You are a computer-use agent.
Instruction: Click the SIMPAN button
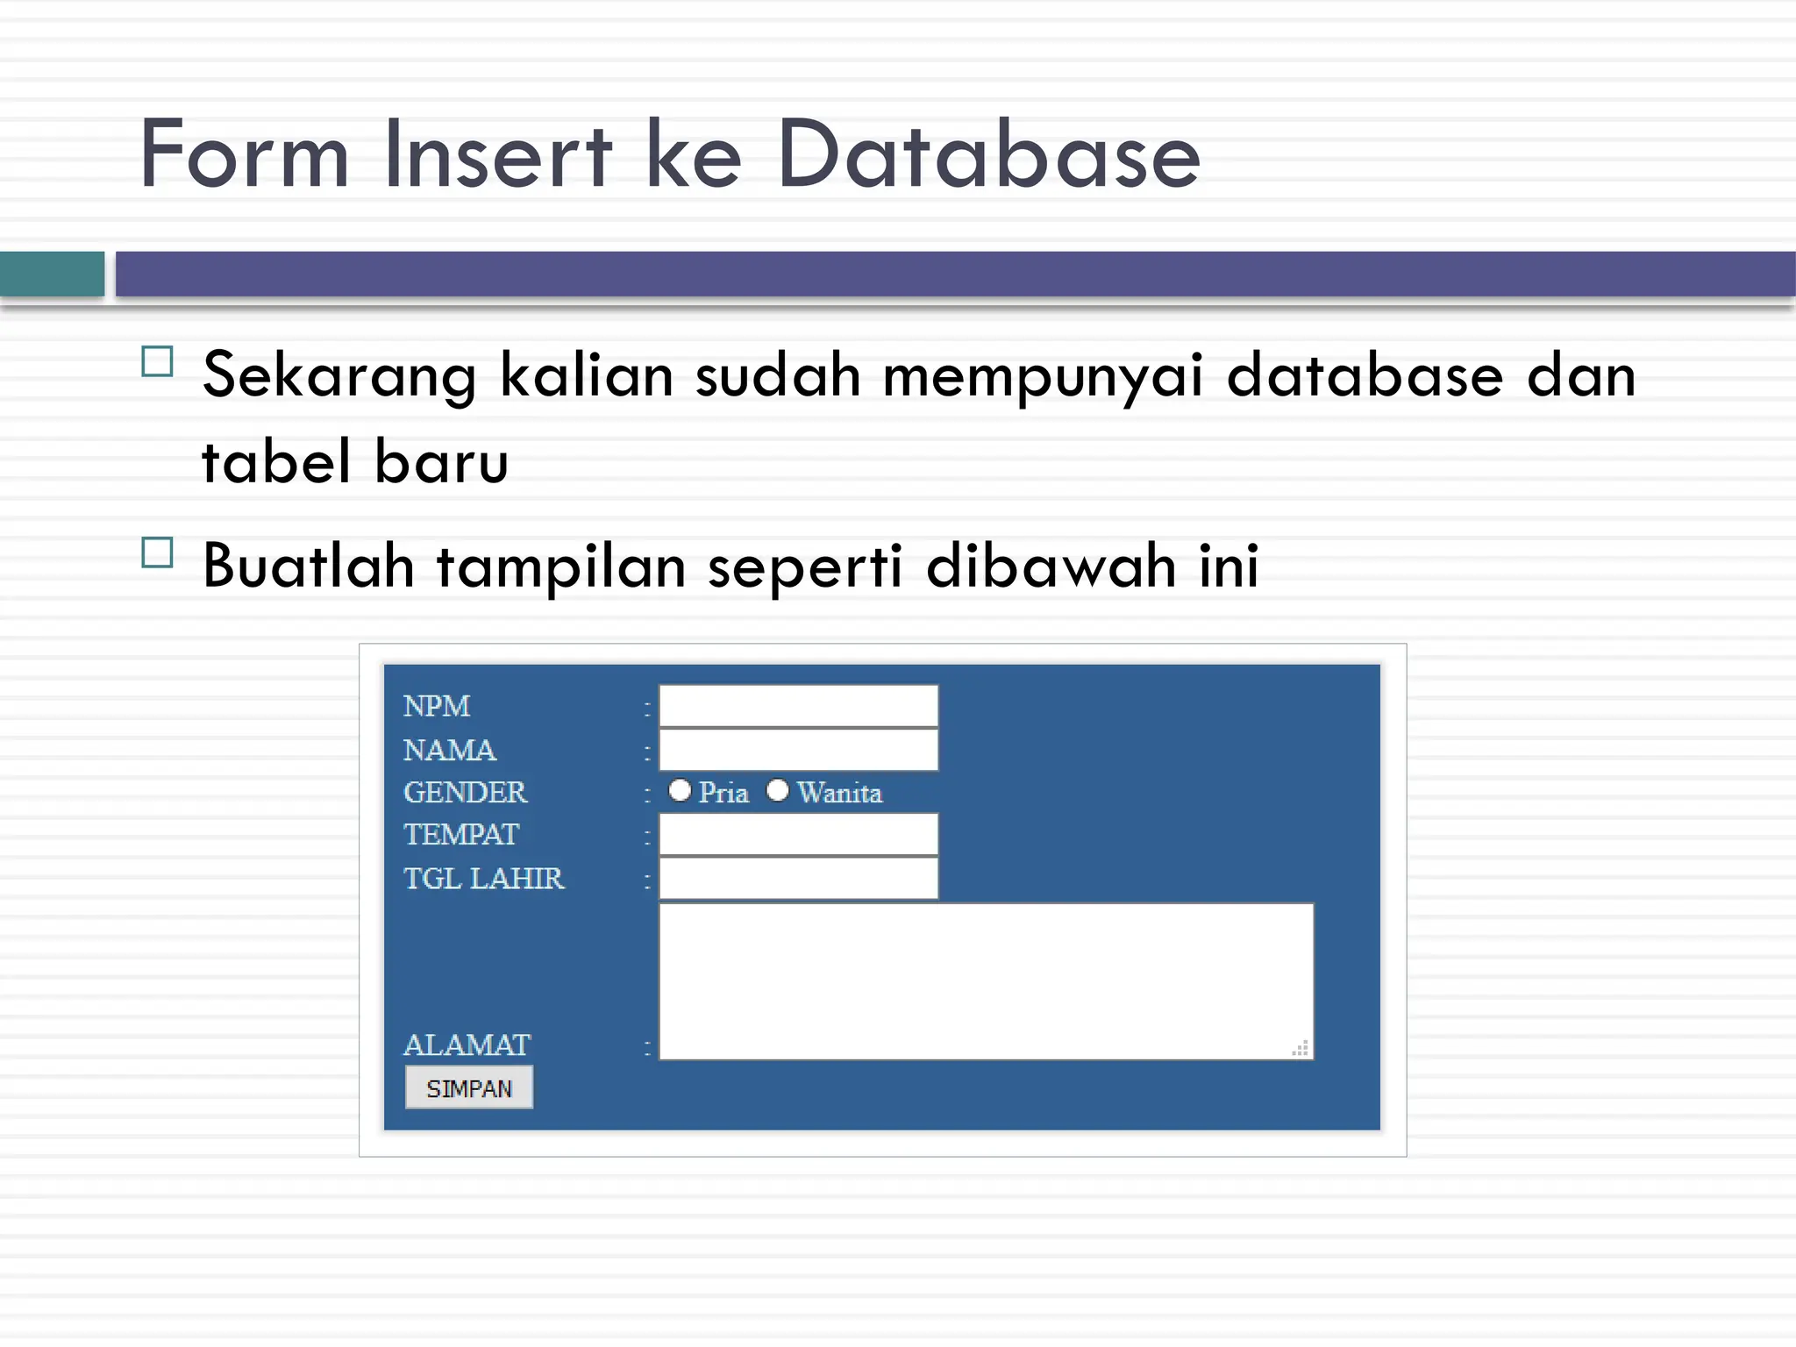[468, 1087]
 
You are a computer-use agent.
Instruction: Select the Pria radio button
[680, 790]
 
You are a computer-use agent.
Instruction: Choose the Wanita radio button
[777, 790]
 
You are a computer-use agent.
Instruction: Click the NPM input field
[798, 706]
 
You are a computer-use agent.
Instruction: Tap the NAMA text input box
[798, 750]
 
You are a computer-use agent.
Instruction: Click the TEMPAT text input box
[798, 834]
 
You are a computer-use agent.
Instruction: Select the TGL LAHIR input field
[798, 878]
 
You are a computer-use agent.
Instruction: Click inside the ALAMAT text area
[986, 980]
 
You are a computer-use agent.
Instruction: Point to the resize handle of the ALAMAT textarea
[1301, 1048]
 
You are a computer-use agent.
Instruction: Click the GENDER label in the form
[465, 792]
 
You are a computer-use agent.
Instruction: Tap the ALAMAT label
[467, 1044]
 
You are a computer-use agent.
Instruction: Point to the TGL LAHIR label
[483, 878]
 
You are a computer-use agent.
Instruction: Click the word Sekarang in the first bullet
[339, 375]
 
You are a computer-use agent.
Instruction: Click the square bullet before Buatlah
[157, 552]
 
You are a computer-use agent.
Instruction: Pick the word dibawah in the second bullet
[1051, 566]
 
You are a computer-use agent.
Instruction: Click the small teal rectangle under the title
[52, 274]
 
